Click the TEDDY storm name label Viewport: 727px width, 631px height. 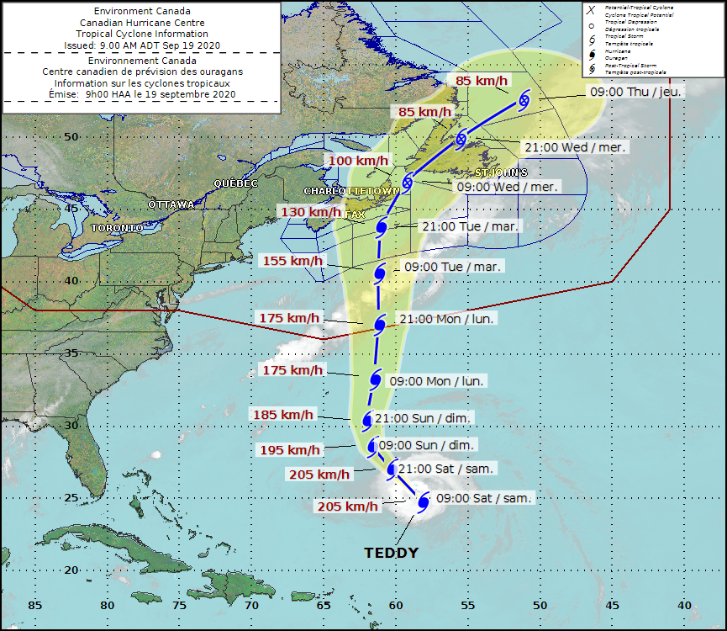pos(391,554)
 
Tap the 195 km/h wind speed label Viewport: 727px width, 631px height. pos(290,450)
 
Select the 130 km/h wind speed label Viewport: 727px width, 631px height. pos(305,212)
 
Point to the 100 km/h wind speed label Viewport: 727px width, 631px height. pos(358,161)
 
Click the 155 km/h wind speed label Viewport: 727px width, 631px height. pos(292,261)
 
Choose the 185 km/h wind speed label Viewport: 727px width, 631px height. pos(283,414)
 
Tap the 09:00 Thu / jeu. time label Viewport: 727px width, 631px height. pos(635,91)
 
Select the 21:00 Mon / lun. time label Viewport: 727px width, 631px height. pos(446,319)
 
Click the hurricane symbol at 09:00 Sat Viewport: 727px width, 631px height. pos(424,501)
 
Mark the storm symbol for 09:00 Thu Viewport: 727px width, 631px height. pos(524,99)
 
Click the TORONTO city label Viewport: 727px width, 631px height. pos(117,228)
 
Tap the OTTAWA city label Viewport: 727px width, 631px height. pos(171,204)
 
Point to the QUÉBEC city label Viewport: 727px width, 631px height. pos(235,183)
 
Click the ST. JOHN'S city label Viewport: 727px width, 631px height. pos(502,172)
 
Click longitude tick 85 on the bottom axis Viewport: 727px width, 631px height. pos(34,606)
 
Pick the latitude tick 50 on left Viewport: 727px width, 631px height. pos(72,136)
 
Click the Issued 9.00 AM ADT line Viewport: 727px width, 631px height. pos(141,45)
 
